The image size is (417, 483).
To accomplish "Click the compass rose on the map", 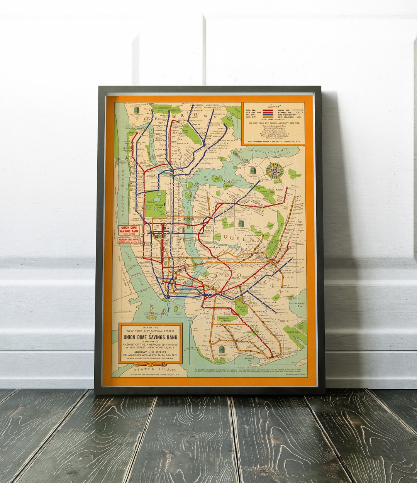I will [275, 171].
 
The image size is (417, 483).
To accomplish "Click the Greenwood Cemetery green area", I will [224, 318].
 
